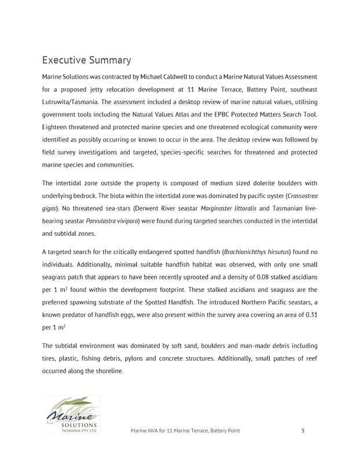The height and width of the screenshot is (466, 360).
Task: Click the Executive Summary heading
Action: click(x=86, y=60)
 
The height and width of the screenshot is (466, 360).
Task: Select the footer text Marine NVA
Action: click(x=146, y=431)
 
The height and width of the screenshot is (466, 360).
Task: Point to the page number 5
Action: click(x=303, y=431)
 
